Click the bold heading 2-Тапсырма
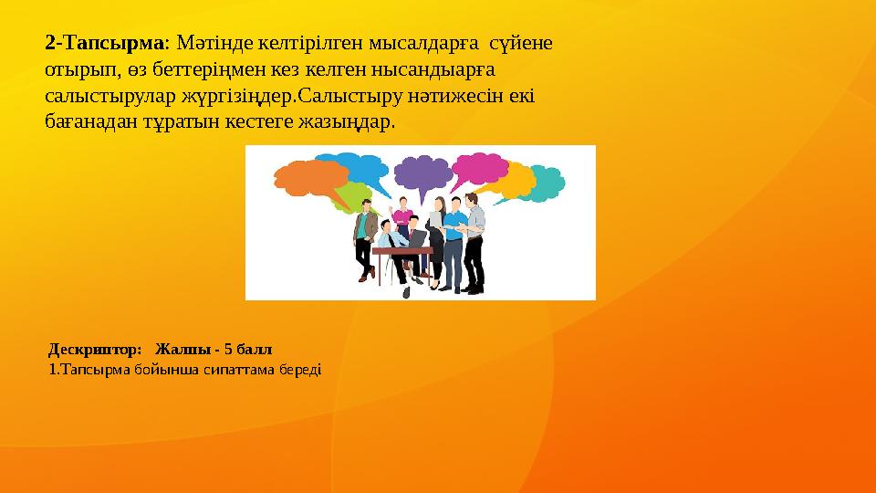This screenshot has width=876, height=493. [104, 43]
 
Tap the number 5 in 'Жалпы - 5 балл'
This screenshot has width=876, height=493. [227, 349]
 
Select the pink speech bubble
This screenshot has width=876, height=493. [480, 169]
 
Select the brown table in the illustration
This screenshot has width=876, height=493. [401, 251]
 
